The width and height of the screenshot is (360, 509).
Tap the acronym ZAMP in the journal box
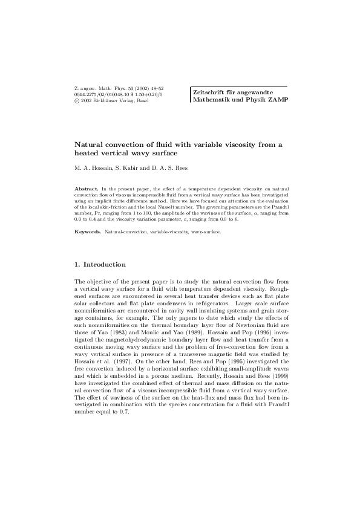275,99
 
